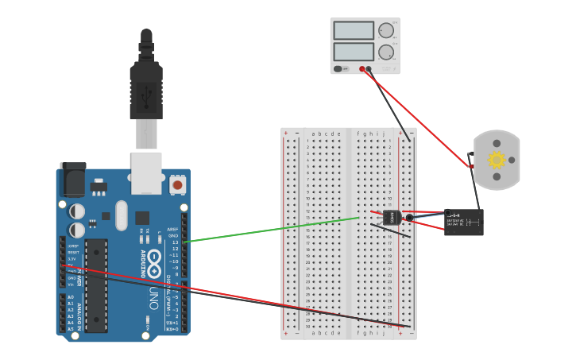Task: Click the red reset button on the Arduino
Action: click(177, 184)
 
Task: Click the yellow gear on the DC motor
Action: click(497, 160)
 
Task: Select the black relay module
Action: click(464, 223)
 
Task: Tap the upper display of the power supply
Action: click(354, 30)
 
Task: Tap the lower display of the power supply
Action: click(354, 52)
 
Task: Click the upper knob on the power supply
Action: click(386, 30)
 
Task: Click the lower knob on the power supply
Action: click(386, 52)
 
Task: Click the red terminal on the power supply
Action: click(362, 69)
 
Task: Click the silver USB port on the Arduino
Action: click(146, 172)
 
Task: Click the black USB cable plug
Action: click(146, 91)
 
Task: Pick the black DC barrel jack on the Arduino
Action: click(73, 180)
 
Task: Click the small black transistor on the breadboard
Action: click(391, 217)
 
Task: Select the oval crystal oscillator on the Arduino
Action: click(121, 215)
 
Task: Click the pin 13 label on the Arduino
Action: click(174, 242)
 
